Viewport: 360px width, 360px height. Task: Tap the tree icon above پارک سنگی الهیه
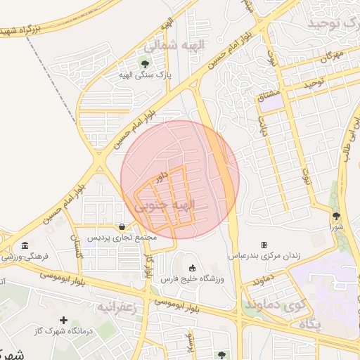(x=146, y=66)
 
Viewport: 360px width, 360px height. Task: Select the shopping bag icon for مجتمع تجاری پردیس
(x=124, y=227)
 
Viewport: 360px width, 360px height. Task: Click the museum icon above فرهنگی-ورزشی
(x=25, y=246)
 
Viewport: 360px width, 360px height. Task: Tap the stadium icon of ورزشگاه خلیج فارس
(x=193, y=268)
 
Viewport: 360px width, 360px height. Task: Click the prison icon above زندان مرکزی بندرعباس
(x=264, y=245)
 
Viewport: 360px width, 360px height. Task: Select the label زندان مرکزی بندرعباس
(x=264, y=256)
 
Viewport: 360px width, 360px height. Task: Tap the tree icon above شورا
(x=336, y=216)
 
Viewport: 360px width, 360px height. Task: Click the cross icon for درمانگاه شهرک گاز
(x=64, y=321)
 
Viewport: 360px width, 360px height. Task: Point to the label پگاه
(x=309, y=324)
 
